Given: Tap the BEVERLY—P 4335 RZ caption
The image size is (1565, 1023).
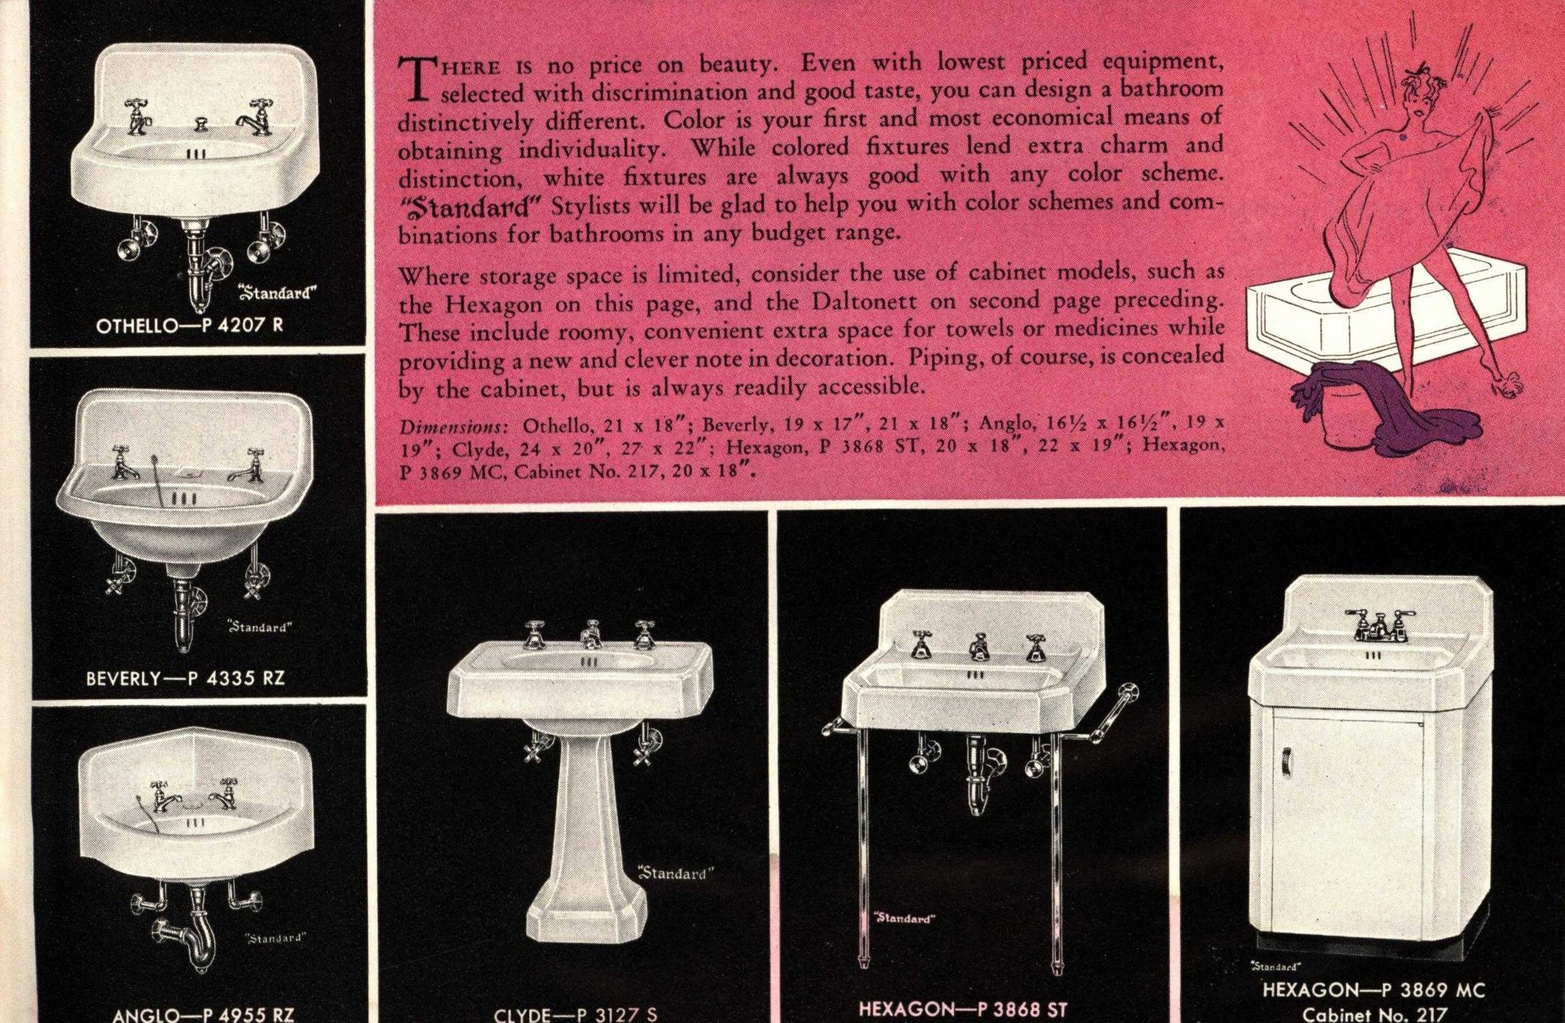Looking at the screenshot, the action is (186, 678).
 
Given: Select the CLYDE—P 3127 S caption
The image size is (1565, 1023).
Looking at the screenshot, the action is (576, 1014).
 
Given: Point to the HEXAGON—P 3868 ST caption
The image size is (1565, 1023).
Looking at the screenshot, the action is (963, 1009).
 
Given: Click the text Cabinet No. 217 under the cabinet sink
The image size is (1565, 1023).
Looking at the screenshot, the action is (1373, 1015).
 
